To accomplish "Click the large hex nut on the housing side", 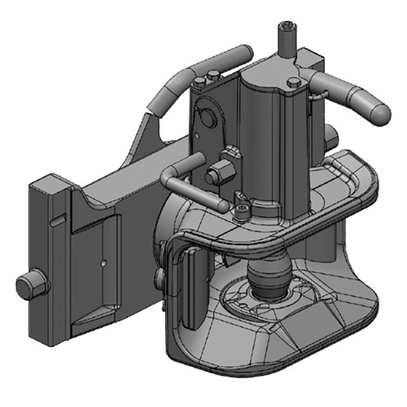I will click(x=219, y=173).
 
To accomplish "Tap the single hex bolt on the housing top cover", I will click(x=294, y=82).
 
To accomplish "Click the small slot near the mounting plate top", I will click(x=58, y=219).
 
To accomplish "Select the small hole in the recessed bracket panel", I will click(x=103, y=263).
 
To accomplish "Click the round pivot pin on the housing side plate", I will click(x=207, y=117).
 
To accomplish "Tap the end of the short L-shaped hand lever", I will click(x=222, y=206).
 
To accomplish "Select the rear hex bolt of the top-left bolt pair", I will click(x=214, y=76).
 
